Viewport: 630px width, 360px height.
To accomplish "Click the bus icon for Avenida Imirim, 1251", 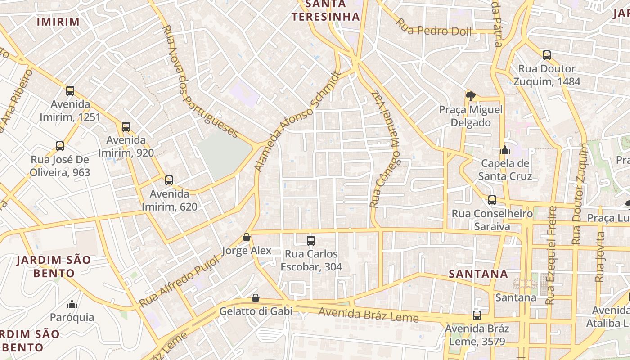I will (70, 91).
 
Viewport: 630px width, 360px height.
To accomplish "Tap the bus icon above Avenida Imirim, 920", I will (126, 127).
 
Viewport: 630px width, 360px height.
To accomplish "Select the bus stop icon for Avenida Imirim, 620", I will (169, 180).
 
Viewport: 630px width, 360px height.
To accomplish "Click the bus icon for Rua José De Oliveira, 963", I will (60, 146).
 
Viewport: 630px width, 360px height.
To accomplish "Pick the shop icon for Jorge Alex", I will (247, 237).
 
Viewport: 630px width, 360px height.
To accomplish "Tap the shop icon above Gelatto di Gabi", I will (256, 298).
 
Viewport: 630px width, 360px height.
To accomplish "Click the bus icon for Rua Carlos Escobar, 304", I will (311, 241).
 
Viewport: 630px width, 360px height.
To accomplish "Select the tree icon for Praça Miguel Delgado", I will (471, 96).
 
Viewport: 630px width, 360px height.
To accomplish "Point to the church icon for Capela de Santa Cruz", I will (505, 150).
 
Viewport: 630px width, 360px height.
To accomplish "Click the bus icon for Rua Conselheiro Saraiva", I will (492, 200).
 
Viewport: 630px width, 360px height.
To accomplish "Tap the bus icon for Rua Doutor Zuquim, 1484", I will (547, 55).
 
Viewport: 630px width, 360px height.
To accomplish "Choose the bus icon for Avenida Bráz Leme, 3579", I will (477, 315).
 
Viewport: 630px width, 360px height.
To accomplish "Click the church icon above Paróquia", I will (72, 304).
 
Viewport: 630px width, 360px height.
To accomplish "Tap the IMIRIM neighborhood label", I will (58, 22).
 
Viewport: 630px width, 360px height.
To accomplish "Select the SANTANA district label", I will (478, 274).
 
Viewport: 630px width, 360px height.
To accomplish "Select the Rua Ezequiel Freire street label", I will (551, 255).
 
